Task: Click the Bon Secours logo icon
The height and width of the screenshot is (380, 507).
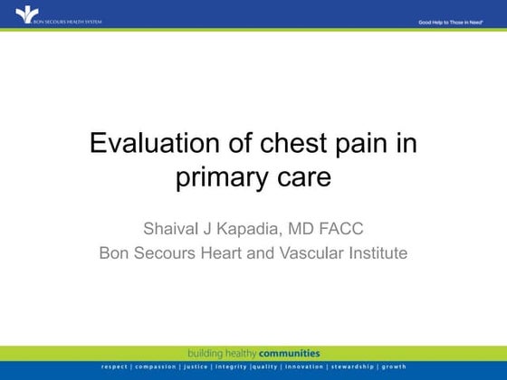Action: coord(22,14)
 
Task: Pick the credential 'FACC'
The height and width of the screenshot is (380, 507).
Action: coord(340,227)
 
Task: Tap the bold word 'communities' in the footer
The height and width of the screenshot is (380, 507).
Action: coord(290,353)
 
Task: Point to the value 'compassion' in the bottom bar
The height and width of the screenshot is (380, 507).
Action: coord(157,367)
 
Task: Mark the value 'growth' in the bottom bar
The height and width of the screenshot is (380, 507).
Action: coord(394,367)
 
